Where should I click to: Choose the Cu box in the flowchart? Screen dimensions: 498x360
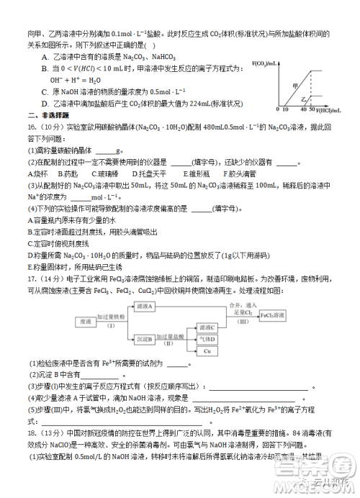point(207,350)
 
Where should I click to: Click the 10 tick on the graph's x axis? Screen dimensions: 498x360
point(284,110)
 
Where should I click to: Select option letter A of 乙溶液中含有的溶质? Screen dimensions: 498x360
point(45,57)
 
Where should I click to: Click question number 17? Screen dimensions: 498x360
point(32,277)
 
